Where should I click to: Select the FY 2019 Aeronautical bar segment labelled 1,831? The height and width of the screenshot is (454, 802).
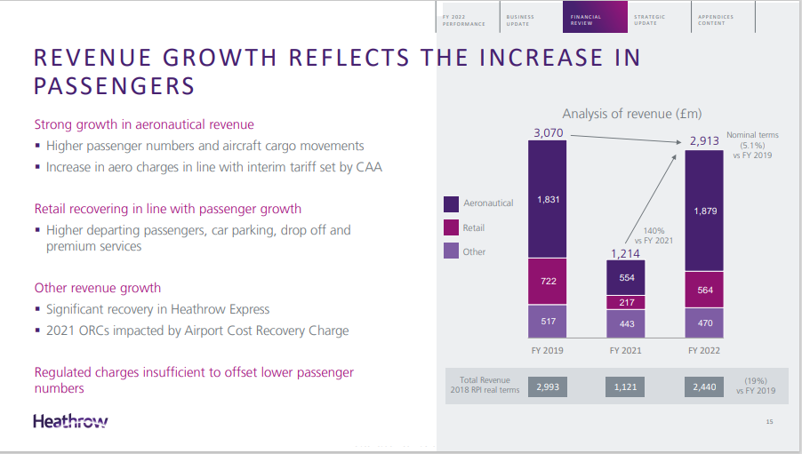[549, 199]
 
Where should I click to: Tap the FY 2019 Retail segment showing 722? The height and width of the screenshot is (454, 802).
[549, 282]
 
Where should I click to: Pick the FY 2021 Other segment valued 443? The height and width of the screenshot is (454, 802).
[626, 323]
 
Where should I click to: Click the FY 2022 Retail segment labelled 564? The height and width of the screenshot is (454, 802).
[704, 290]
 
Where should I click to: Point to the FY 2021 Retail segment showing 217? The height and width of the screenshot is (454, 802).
[626, 303]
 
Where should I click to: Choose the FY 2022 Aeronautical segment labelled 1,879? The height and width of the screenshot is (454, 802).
[704, 211]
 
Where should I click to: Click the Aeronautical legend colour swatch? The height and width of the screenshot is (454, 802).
[451, 203]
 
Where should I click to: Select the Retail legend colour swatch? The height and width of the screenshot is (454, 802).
[451, 228]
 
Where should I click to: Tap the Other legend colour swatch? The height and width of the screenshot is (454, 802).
[451, 251]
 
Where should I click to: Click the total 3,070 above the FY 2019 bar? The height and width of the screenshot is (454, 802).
[548, 133]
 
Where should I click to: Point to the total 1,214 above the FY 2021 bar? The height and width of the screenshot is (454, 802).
[626, 253]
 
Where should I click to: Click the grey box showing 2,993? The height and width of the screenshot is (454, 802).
[548, 387]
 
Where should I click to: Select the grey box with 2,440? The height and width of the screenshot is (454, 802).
[704, 387]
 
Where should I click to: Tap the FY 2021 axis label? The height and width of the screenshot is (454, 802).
[626, 351]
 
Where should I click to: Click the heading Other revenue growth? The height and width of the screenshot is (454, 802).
[98, 288]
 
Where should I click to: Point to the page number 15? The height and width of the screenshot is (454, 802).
[769, 421]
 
